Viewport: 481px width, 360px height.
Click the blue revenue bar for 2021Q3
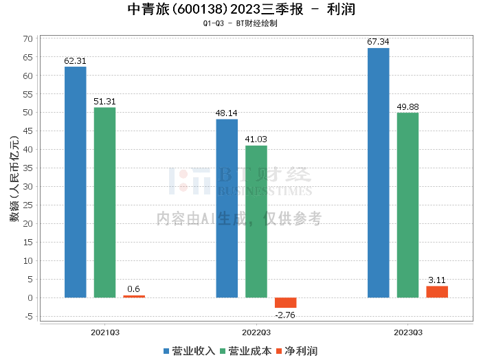(76, 182)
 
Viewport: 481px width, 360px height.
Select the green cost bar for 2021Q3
(104, 203)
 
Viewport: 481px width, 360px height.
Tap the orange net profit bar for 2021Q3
(134, 296)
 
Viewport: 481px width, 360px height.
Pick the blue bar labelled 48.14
(227, 208)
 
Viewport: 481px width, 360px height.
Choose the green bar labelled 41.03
(256, 221)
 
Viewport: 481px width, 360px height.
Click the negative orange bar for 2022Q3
(286, 303)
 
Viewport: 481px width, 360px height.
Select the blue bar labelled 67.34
(379, 172)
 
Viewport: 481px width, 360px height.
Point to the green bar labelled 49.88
(407, 205)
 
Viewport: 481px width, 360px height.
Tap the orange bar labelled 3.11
(437, 292)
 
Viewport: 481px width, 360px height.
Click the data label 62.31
(76, 60)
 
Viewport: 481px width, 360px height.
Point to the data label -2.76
(286, 314)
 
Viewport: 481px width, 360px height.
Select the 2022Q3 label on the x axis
(256, 331)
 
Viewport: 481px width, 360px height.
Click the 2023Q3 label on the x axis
(408, 331)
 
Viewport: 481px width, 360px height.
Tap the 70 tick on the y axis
(28, 38)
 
